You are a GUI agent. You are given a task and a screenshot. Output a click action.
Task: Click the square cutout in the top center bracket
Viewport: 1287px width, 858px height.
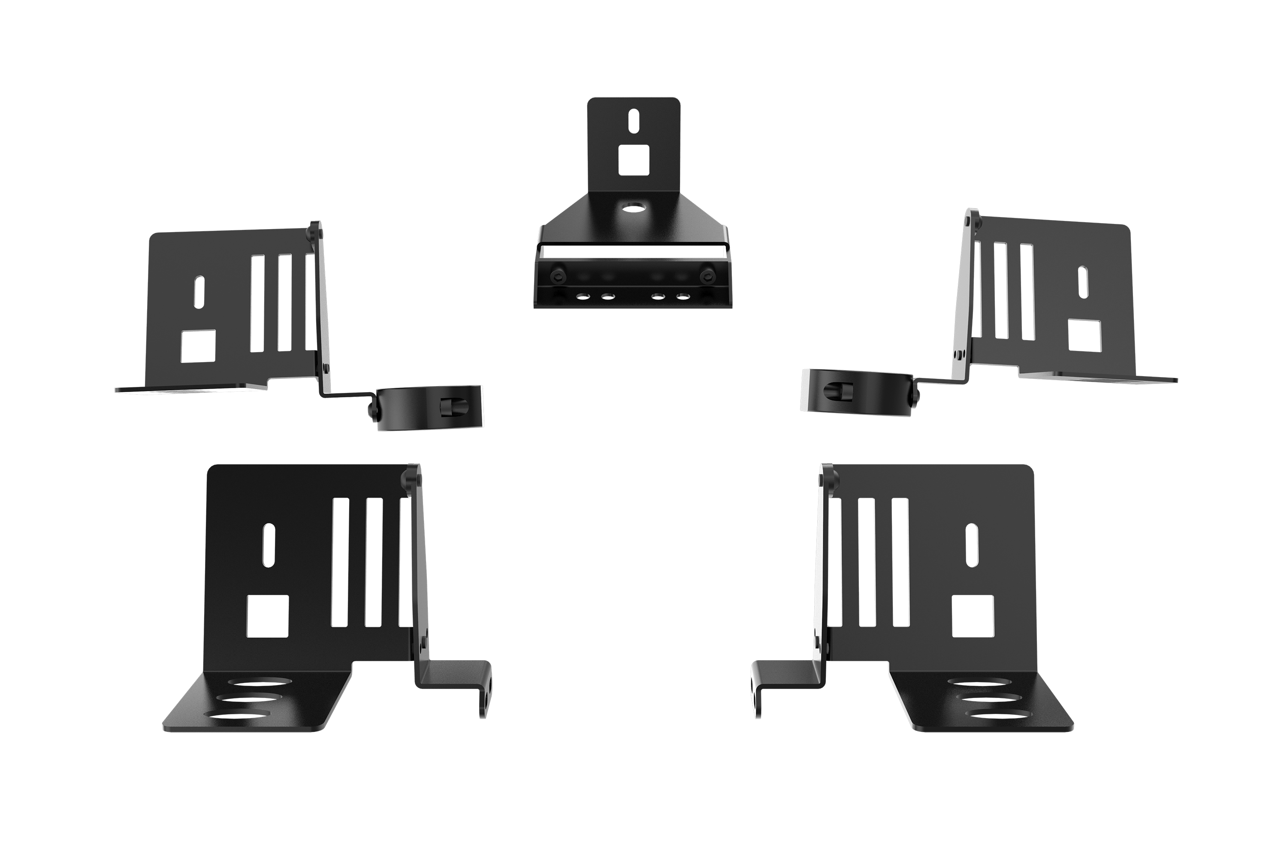pyautogui.click(x=634, y=160)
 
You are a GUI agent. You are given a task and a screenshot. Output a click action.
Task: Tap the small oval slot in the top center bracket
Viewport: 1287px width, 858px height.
pyautogui.click(x=634, y=121)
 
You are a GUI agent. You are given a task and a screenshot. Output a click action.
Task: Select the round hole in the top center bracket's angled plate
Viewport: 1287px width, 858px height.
pyautogui.click(x=634, y=208)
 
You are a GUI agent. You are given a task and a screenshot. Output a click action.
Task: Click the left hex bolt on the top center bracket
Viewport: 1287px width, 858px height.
pyautogui.click(x=558, y=274)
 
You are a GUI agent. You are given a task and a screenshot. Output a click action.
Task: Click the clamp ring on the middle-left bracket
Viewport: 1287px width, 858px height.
pyautogui.click(x=429, y=408)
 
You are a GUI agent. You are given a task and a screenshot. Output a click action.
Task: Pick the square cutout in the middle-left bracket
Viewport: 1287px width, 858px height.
pyautogui.click(x=198, y=345)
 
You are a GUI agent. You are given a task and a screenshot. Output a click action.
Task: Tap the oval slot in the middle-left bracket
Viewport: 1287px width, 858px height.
pyautogui.click(x=199, y=291)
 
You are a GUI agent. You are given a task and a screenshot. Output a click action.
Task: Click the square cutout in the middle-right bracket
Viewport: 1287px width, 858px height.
pyautogui.click(x=1085, y=335)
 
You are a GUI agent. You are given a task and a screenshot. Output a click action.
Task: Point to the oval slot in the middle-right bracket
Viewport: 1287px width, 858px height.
pyautogui.click(x=1083, y=281)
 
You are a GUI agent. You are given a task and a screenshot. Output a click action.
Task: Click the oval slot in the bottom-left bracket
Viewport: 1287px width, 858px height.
pyautogui.click(x=269, y=545)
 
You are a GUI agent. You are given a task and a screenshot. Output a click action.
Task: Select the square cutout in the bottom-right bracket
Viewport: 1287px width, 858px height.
pyautogui.click(x=973, y=616)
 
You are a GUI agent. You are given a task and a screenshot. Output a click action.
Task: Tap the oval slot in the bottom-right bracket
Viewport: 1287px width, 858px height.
pyautogui.click(x=971, y=545)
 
